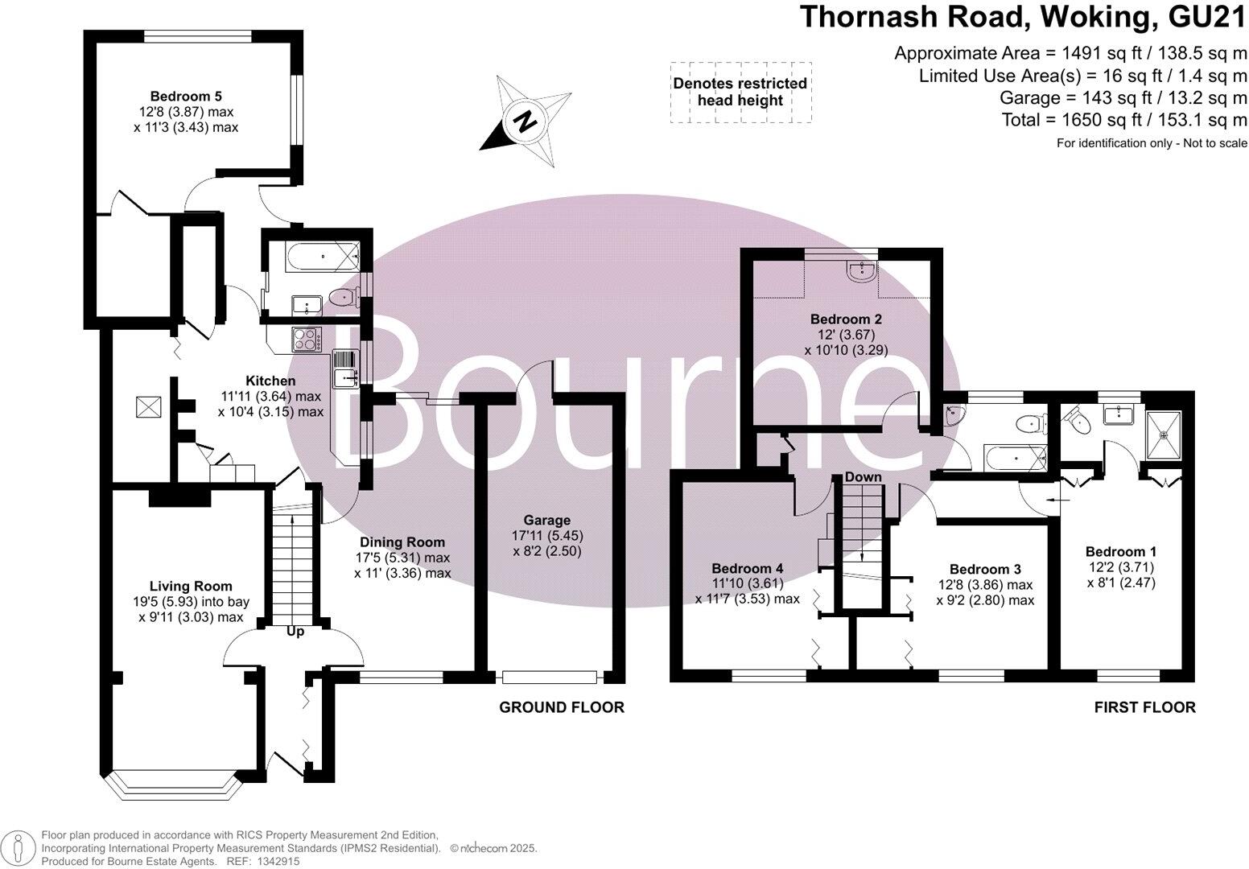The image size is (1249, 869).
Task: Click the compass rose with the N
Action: pyautogui.click(x=526, y=121)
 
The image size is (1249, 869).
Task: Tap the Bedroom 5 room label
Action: pyautogui.click(x=186, y=97)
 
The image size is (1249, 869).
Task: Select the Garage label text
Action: pyautogui.click(x=546, y=521)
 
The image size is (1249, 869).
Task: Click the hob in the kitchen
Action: pyautogui.click(x=306, y=340)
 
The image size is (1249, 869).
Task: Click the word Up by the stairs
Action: pyautogui.click(x=295, y=632)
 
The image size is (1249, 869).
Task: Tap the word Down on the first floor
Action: pyautogui.click(x=863, y=477)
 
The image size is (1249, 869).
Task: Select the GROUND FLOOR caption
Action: pyautogui.click(x=562, y=707)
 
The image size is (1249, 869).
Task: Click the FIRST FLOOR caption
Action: pyautogui.click(x=1144, y=707)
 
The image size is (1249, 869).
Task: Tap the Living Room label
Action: pyautogui.click(x=191, y=587)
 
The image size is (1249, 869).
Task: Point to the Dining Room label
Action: pyautogui.click(x=402, y=542)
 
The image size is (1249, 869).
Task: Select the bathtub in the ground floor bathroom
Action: pyautogui.click(x=314, y=257)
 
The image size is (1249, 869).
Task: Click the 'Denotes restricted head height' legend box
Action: pyautogui.click(x=740, y=92)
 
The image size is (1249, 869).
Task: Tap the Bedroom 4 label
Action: pyautogui.click(x=747, y=568)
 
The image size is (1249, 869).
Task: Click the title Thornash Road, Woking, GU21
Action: pyautogui.click(x=1023, y=18)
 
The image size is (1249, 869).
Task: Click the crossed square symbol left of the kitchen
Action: pyautogui.click(x=147, y=407)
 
